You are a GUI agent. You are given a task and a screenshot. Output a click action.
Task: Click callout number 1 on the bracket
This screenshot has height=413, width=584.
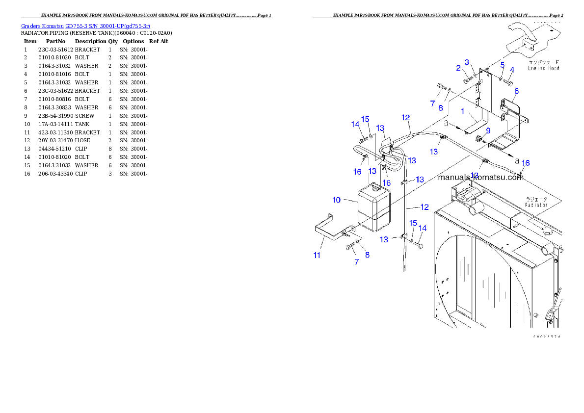click(x=462, y=111)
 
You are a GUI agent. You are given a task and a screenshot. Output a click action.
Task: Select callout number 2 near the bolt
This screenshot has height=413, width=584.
click(x=458, y=68)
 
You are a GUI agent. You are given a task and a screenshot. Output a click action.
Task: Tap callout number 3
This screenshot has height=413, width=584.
click(x=467, y=62)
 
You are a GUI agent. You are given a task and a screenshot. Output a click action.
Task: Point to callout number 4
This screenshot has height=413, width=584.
click(x=512, y=70)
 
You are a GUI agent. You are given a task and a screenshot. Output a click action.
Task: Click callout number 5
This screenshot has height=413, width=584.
click(x=502, y=64)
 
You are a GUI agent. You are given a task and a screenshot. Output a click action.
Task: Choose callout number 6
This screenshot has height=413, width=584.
click(x=516, y=91)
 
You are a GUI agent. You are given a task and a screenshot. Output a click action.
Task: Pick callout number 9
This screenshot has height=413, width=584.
click(x=488, y=130)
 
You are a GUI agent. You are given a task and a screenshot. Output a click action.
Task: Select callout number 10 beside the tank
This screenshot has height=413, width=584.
click(x=337, y=200)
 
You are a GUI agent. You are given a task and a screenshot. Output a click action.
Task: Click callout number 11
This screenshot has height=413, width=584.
click(x=317, y=255)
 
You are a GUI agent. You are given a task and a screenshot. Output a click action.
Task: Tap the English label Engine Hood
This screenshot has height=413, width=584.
click(x=543, y=68)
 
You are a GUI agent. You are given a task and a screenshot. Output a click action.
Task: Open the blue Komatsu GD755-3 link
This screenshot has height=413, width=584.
click(x=85, y=26)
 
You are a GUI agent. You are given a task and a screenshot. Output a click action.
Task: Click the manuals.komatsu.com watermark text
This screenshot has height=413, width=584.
click(x=481, y=178)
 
